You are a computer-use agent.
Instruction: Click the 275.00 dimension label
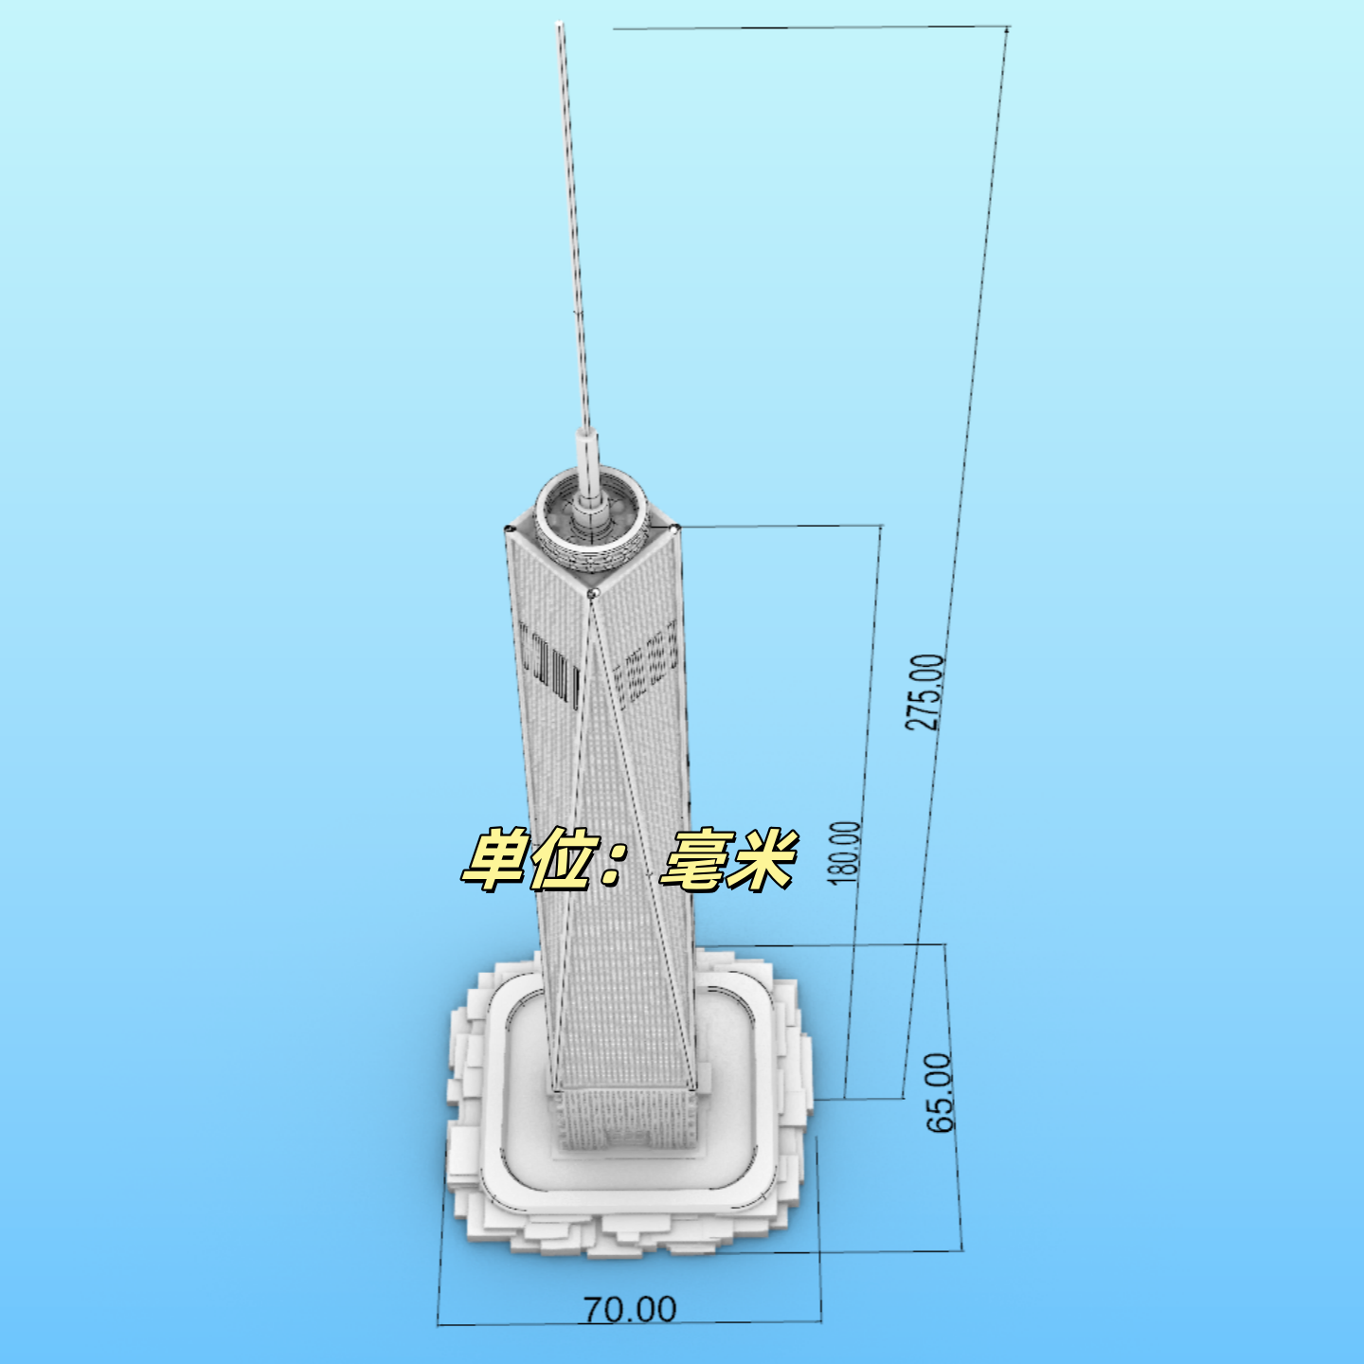tap(924, 692)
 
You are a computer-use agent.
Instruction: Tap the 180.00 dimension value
tap(844, 852)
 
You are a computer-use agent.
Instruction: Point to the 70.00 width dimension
tap(629, 1309)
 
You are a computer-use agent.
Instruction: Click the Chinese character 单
tap(494, 859)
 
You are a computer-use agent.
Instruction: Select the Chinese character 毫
tap(692, 859)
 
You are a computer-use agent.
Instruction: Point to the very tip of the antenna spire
tap(560, 25)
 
